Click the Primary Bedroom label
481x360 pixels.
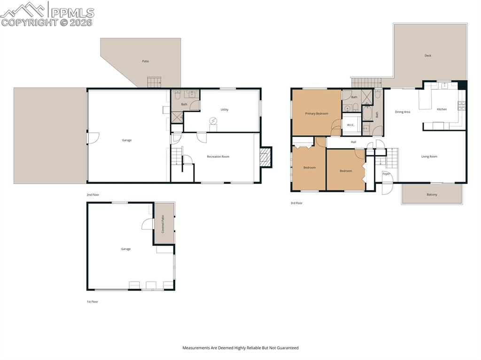[317, 114]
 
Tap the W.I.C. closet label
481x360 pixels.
[350, 125]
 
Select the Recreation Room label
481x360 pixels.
[218, 157]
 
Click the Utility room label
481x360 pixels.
[225, 110]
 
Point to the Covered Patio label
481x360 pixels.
[163, 224]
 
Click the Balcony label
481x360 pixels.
[432, 194]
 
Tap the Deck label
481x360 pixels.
[427, 56]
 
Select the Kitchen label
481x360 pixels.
[442, 109]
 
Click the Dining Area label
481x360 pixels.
[403, 112]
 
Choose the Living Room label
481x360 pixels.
[429, 157]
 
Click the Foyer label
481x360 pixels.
[386, 174]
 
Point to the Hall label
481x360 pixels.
[353, 142]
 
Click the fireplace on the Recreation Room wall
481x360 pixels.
[265, 157]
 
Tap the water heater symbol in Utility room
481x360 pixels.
[213, 122]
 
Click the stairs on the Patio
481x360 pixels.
[154, 82]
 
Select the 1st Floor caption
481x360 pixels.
[93, 302]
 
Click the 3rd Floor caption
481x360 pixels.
[296, 203]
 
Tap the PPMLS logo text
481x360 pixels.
[72, 13]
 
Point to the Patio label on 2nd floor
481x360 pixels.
[146, 61]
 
